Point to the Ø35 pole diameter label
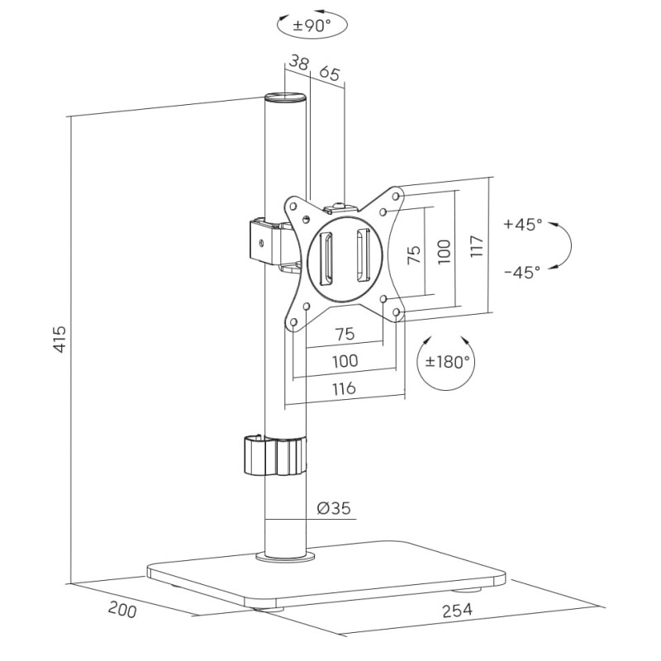[334, 509]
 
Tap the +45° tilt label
[522, 225]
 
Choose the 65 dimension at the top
[329, 73]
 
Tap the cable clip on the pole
[273, 456]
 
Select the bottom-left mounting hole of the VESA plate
[292, 323]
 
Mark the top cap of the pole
[285, 98]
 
